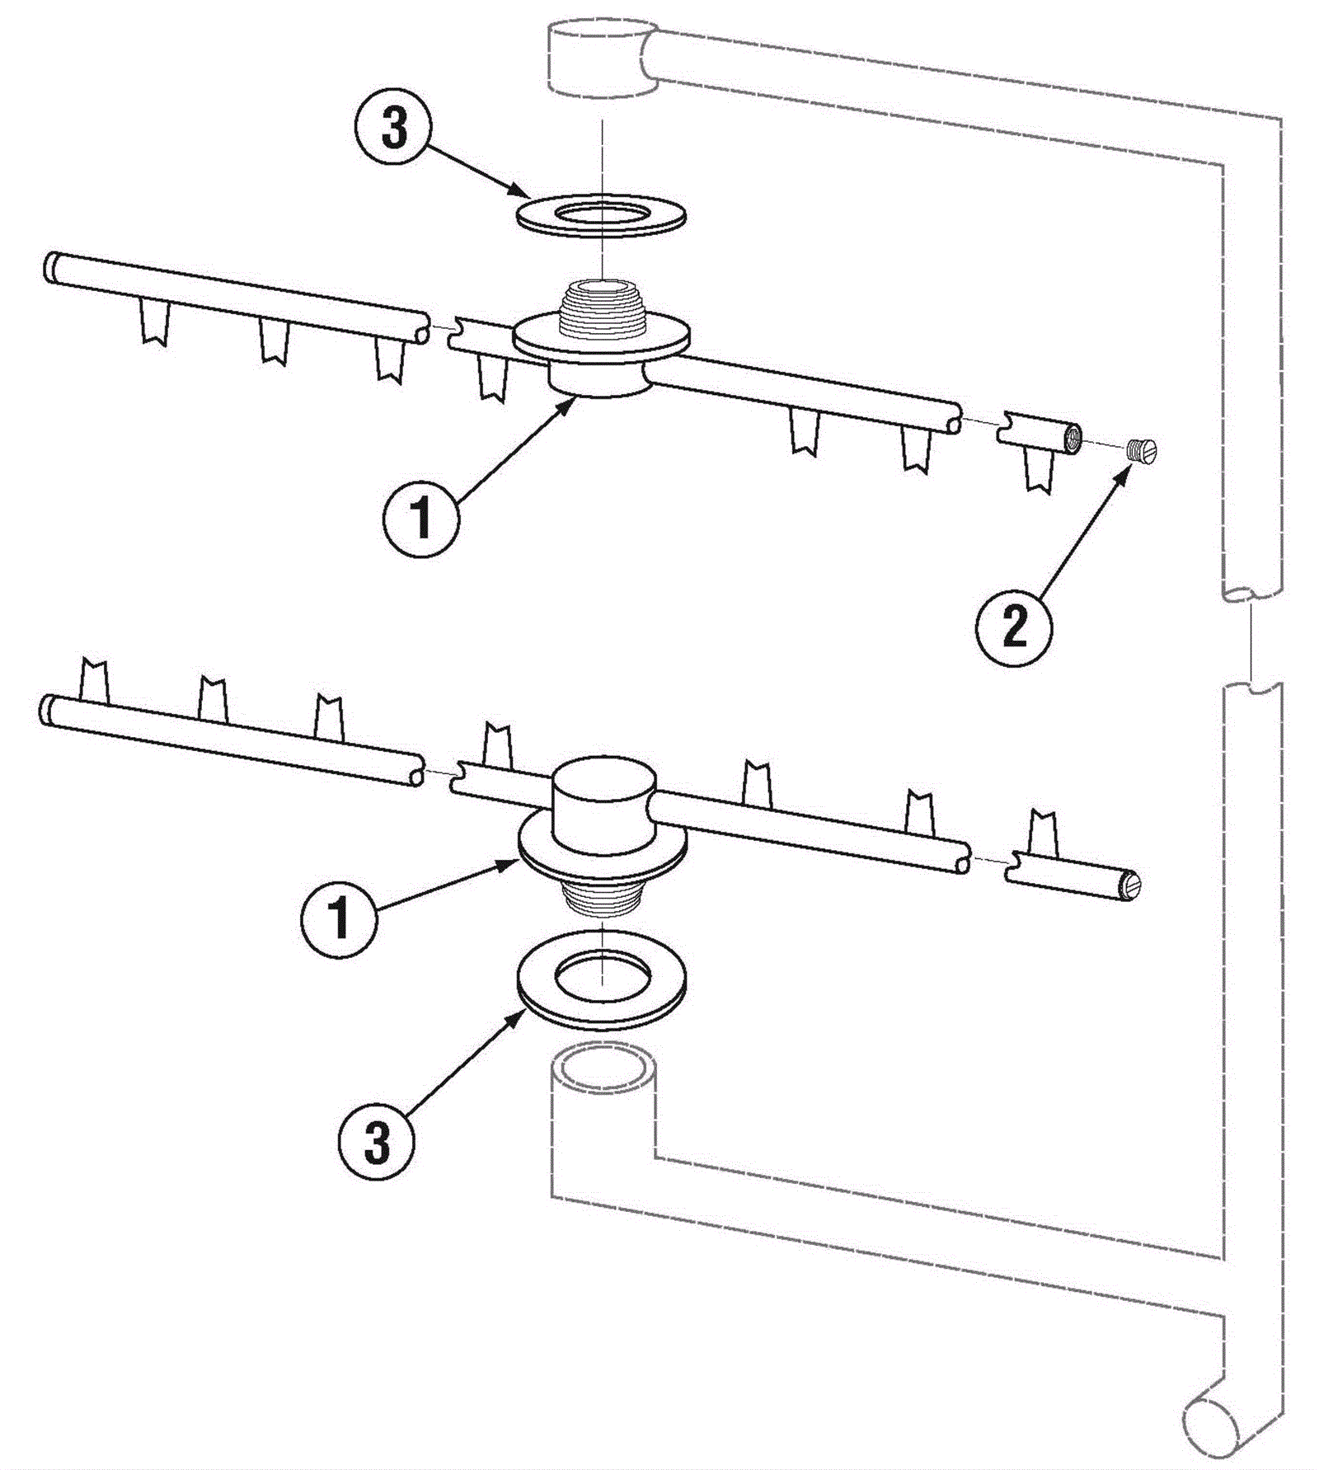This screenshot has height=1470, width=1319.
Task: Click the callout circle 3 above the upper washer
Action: [x=394, y=129]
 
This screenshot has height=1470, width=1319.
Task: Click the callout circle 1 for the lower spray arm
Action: [x=340, y=917]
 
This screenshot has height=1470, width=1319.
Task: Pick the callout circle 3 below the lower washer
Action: [x=376, y=1143]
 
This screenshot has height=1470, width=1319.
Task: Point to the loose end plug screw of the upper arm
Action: [x=1142, y=451]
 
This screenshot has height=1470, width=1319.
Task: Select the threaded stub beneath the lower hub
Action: [x=603, y=899]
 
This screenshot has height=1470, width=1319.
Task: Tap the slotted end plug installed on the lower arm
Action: [x=1130, y=885]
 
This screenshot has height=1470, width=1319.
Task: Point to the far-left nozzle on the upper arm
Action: [x=154, y=322]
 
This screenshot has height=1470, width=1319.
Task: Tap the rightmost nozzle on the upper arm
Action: [x=1039, y=472]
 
